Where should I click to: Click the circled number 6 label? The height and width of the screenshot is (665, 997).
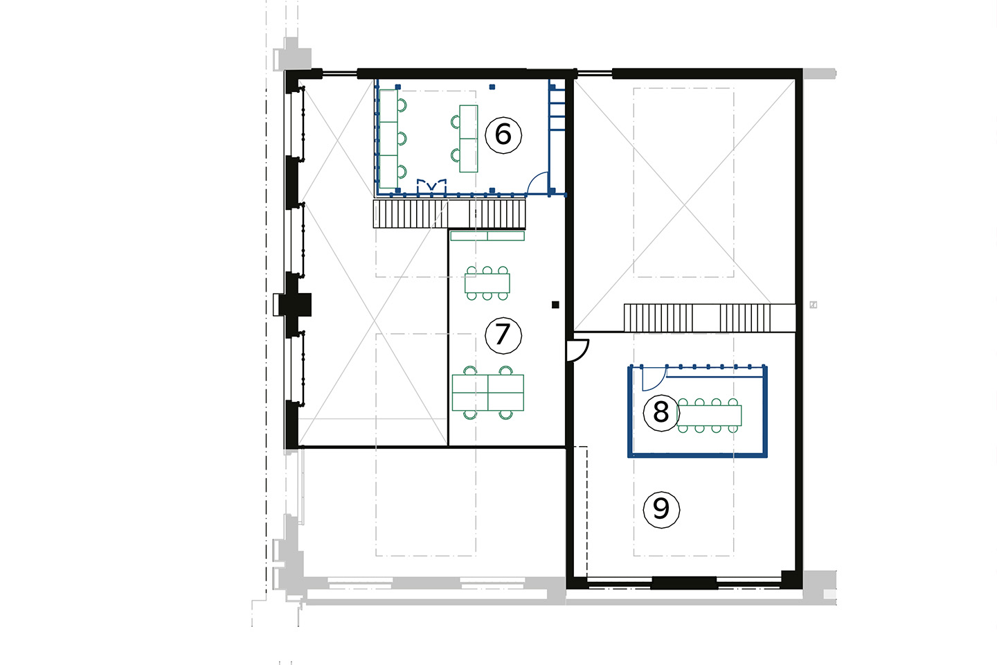[503, 135]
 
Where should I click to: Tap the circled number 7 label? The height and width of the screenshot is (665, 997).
[503, 335]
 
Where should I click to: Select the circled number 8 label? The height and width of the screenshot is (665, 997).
[661, 413]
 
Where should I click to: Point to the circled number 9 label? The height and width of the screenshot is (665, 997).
[661, 510]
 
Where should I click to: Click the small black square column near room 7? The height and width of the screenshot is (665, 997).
[555, 305]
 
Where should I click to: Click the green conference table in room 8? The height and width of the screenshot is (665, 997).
[710, 416]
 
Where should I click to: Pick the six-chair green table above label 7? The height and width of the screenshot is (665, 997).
[487, 283]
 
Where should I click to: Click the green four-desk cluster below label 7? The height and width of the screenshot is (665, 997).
[488, 392]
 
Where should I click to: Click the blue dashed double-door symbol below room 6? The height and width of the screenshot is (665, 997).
[431, 186]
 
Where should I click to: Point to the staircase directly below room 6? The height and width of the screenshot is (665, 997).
[449, 214]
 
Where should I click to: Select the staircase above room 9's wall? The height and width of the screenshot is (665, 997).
[710, 318]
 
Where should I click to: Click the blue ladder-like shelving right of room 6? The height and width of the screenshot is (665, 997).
[557, 109]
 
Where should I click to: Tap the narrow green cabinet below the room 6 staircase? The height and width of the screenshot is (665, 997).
[487, 236]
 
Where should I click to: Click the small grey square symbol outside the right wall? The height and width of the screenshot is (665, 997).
[813, 305]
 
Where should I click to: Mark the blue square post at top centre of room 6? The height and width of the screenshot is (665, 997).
[492, 87]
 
